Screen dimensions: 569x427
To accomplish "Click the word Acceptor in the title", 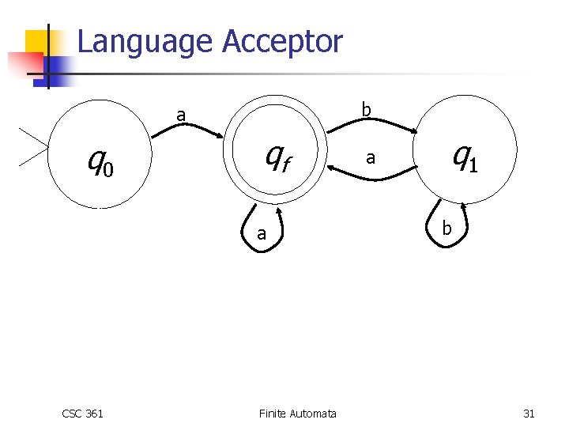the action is click(x=282, y=41).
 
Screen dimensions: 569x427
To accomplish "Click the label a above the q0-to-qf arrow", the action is click(x=181, y=115).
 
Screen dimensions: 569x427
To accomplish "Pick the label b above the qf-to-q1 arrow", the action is click(x=366, y=109).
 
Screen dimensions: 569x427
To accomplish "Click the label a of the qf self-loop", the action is click(x=261, y=234).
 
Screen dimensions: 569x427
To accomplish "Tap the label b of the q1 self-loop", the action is click(x=447, y=229).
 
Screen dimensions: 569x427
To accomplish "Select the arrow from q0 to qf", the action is click(x=190, y=130).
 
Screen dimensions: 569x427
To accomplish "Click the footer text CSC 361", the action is click(x=82, y=414).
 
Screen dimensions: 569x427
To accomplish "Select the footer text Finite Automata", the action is click(x=297, y=414).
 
